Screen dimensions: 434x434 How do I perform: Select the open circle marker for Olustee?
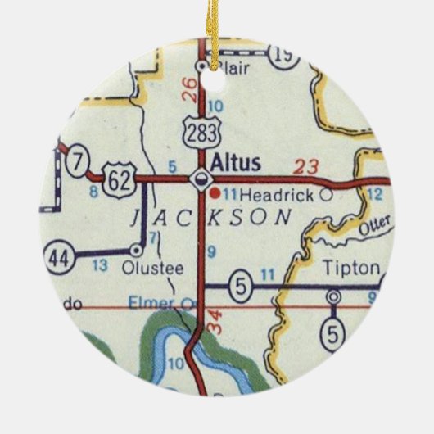click(137, 250)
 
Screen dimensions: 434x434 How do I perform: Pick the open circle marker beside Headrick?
click(327, 196)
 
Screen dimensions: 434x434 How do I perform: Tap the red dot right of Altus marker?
click(215, 194)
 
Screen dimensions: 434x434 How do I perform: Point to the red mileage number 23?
click(306, 169)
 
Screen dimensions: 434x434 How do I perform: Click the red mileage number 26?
click(190, 88)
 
